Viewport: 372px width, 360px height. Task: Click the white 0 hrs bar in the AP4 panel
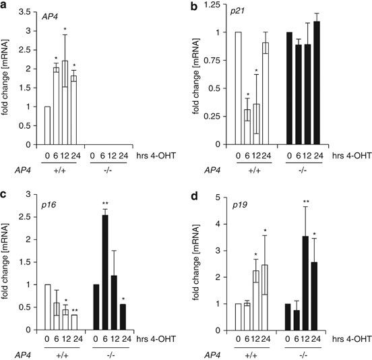coord(47,125)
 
